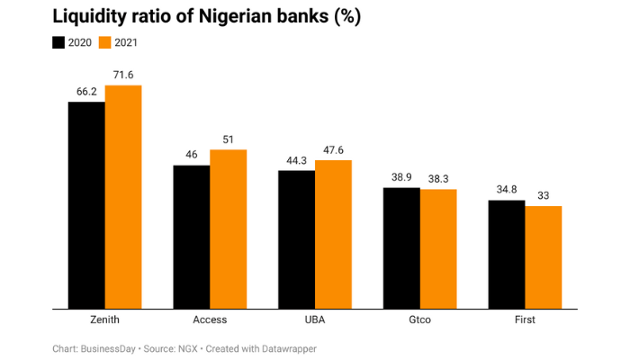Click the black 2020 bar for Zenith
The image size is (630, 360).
86,205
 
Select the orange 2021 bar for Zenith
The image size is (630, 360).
123,197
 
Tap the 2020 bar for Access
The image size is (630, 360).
192,237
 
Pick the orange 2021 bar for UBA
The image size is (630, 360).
333,234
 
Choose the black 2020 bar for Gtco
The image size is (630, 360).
401,247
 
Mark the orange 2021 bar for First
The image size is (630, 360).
543,257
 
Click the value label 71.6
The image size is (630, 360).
123,75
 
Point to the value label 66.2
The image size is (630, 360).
86,92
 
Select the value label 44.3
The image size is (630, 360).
296,159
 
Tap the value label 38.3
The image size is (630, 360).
438,179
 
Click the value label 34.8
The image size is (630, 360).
506,190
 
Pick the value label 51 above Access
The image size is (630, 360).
229,139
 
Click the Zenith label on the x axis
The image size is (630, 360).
105,319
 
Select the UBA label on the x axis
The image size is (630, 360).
315,319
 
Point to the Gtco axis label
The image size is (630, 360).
419,319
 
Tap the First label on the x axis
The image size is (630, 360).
525,319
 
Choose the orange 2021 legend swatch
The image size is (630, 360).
103,42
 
